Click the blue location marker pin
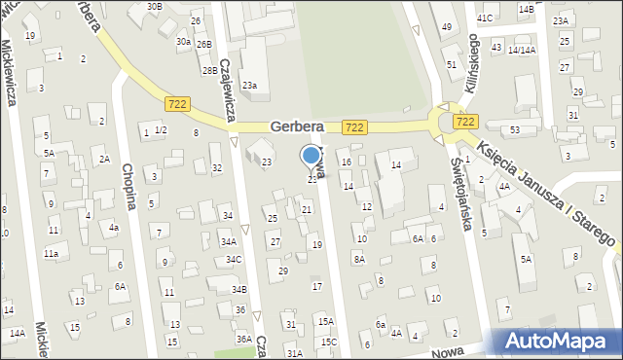pyautogui.click(x=311, y=156)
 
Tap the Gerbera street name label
pyautogui.click(x=296, y=127)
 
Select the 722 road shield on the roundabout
pyautogui.click(x=465, y=122)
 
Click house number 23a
pyautogui.click(x=249, y=86)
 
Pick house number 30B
pyautogui.click(x=154, y=6)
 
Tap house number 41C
pyautogui.click(x=485, y=18)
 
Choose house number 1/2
pyautogui.click(x=161, y=130)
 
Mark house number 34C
pyautogui.click(x=234, y=260)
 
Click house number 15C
pyautogui.click(x=329, y=342)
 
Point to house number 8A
pyautogui.click(x=359, y=260)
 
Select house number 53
pyautogui.click(x=515, y=129)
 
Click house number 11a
pyautogui.click(x=50, y=253)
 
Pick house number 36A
pyautogui.click(x=243, y=339)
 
